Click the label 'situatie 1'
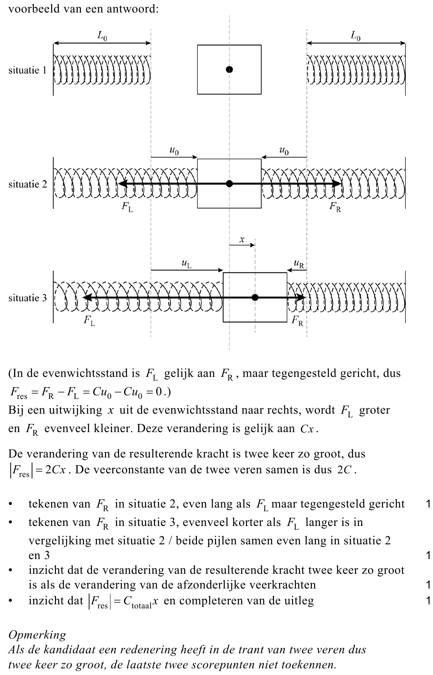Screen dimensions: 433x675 28,70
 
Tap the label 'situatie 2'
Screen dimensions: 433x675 28,184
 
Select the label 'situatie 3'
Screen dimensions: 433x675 28,298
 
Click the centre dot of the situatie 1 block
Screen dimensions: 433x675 229,69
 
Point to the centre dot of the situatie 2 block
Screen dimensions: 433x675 229,184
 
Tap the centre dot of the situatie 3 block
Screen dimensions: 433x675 255,297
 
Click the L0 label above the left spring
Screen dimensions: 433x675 102,36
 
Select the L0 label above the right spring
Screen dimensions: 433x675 355,36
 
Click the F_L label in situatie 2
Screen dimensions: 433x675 127,207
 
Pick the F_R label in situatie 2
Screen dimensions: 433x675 335,207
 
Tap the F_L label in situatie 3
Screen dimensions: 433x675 89,321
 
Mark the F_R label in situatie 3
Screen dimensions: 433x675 298,321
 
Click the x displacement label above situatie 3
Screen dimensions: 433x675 242,240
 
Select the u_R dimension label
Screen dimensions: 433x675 299,264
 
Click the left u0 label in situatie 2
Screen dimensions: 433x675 174,151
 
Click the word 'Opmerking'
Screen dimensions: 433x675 37,635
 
